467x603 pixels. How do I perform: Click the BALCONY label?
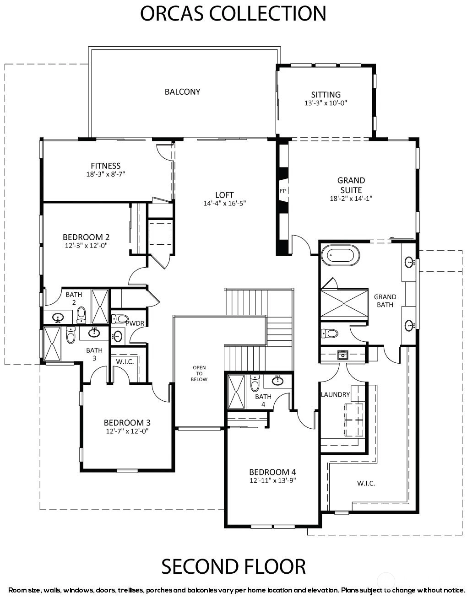182,92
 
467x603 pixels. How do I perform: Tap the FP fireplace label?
282,191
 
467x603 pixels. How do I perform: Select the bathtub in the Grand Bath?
340,254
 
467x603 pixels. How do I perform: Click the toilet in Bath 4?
254,382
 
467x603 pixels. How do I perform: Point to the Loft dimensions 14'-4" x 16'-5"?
224,204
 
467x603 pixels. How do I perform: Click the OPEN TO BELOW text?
199,373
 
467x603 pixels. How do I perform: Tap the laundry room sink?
342,355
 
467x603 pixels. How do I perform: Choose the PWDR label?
135,323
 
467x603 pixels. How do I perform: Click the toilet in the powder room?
119,318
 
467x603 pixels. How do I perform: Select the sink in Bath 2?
58,317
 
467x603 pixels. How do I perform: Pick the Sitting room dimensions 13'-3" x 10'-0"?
326,103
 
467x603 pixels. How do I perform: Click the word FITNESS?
105,166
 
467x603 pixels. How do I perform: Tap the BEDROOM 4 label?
272,472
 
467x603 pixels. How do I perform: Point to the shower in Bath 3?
52,343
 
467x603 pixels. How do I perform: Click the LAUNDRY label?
335,394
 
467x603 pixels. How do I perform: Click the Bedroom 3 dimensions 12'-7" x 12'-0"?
127,431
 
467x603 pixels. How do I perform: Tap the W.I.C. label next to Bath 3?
125,361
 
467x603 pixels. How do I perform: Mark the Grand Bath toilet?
329,333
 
